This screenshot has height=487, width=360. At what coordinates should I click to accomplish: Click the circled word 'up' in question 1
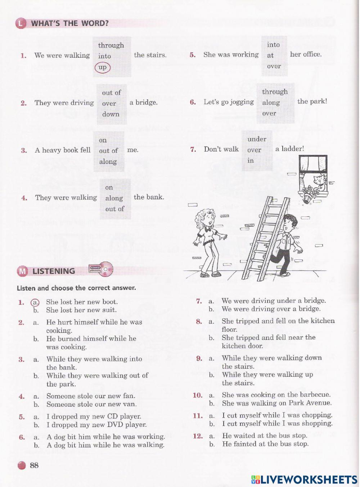[x=103, y=67]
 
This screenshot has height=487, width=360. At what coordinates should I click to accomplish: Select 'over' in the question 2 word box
[x=109, y=104]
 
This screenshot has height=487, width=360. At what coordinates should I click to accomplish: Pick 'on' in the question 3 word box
[x=103, y=140]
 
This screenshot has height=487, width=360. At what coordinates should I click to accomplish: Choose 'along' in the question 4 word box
[x=114, y=198]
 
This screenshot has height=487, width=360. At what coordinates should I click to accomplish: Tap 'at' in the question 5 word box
[x=270, y=55]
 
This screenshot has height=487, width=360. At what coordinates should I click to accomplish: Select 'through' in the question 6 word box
[x=275, y=92]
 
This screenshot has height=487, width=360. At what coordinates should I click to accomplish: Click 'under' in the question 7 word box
[x=257, y=139]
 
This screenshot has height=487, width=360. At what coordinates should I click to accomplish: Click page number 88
[x=34, y=465]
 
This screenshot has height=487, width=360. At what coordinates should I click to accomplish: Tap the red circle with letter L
[x=21, y=24]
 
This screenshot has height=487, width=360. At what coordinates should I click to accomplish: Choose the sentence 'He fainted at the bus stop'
[x=265, y=444]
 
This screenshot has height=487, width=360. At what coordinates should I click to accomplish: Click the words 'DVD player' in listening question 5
[x=127, y=425]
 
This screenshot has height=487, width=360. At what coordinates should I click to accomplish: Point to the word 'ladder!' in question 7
[x=289, y=149]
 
